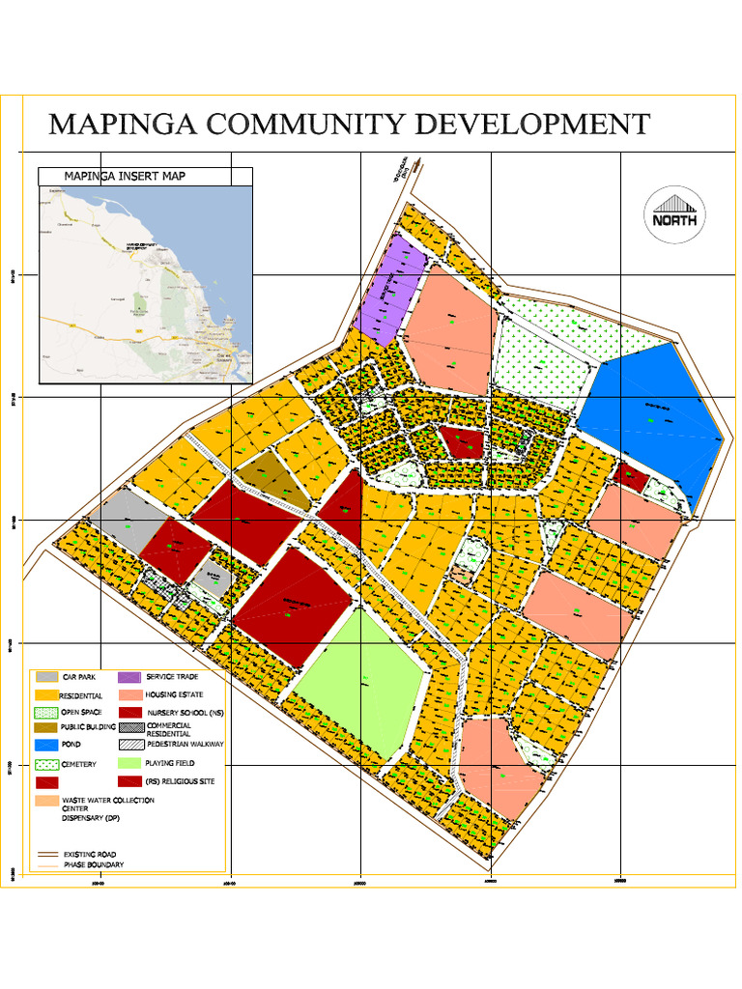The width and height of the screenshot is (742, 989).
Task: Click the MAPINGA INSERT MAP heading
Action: [124, 176]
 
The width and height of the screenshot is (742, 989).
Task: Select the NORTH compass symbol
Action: [674, 214]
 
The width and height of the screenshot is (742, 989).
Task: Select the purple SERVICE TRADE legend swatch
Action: [130, 677]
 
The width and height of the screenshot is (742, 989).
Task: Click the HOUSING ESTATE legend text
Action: [178, 694]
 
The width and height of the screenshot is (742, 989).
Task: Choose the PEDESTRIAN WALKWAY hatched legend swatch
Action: [130, 745]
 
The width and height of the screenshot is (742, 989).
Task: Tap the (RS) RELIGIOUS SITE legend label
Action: [180, 781]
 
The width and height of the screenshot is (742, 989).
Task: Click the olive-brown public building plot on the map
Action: [269, 480]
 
